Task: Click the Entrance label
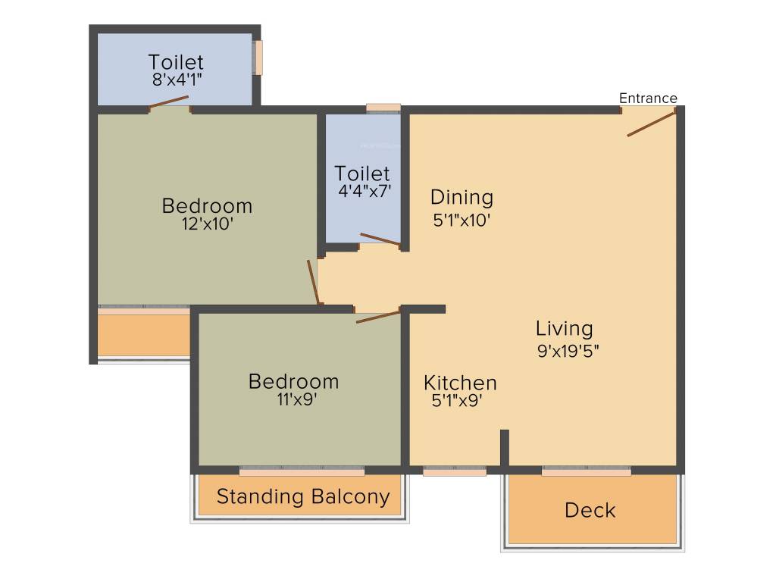point(648,98)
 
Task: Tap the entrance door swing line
point(651,124)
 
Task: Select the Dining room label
point(462,197)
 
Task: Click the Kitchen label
point(460,382)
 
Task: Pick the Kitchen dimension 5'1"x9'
point(457,401)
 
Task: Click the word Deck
point(590,510)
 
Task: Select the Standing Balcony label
point(303,497)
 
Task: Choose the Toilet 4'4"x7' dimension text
point(364,191)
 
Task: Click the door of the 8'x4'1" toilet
point(169,103)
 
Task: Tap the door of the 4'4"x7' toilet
point(380,239)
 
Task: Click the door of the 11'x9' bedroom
point(377,316)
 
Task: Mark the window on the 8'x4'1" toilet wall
point(258,58)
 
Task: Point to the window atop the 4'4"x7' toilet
point(383,108)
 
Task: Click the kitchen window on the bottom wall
point(455,471)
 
